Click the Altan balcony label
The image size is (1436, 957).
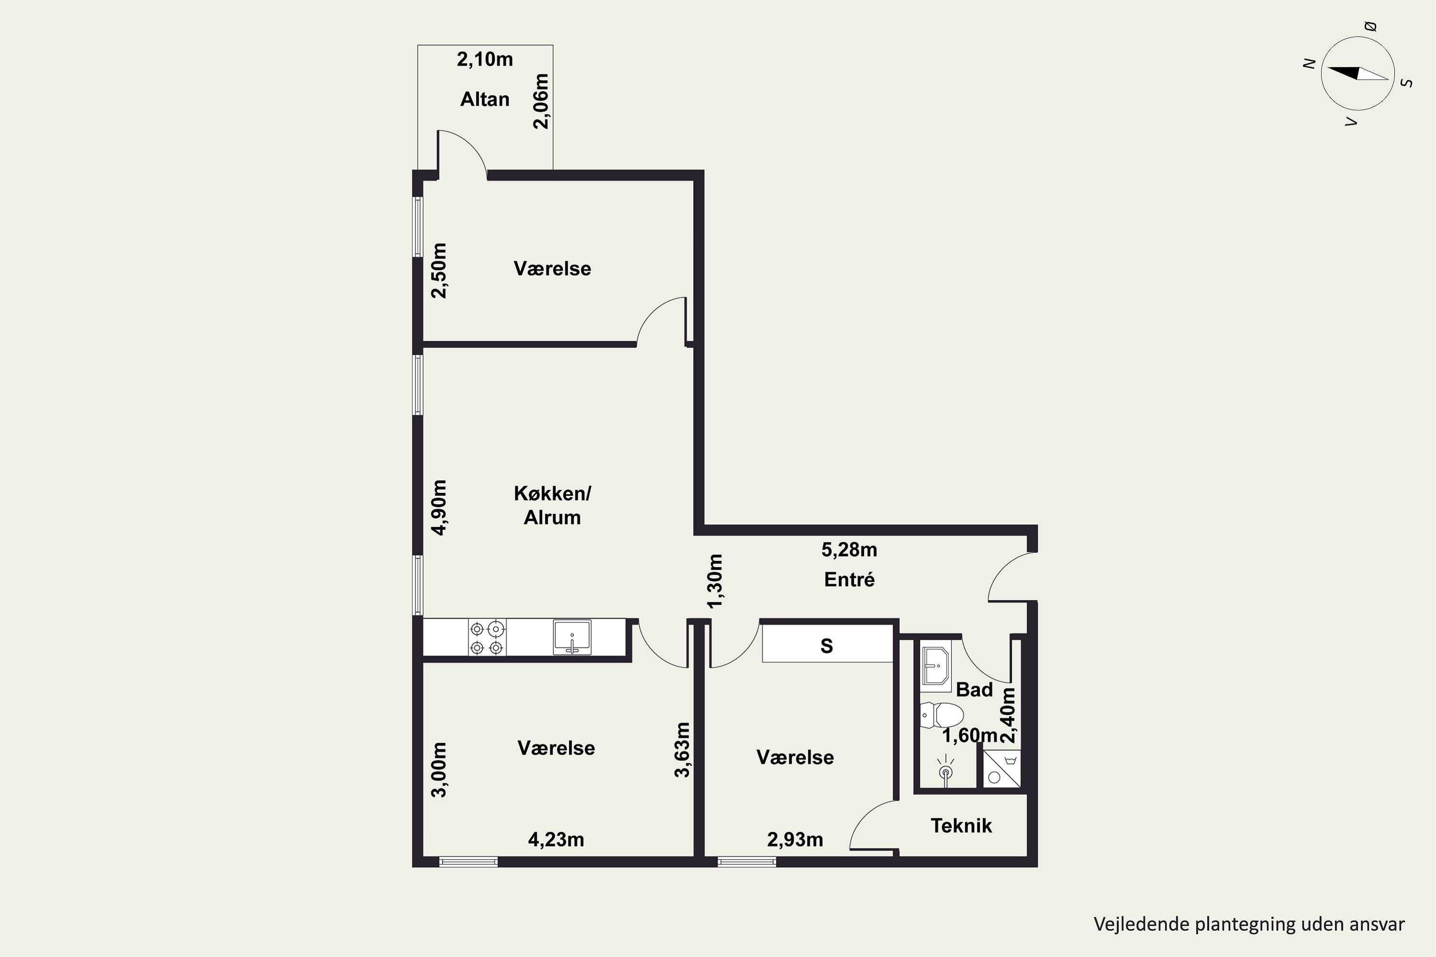pos(485,99)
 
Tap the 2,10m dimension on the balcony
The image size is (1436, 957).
pos(485,59)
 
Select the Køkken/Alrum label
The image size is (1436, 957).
pos(552,505)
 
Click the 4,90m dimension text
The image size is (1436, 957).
pos(439,507)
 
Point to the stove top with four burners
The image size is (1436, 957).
pos(487,638)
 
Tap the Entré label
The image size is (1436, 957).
pos(849,579)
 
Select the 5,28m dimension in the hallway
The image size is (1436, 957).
pos(849,550)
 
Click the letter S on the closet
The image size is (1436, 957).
pos(827,645)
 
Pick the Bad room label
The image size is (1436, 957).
pos(975,690)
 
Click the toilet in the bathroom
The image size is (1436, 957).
pos(942,715)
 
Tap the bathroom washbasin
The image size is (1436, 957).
pos(936,666)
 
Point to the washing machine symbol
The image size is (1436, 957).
pos(1002,768)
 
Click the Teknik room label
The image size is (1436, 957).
pos(961,826)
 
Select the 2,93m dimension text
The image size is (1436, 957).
pos(795,840)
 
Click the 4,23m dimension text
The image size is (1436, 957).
pos(556,840)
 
